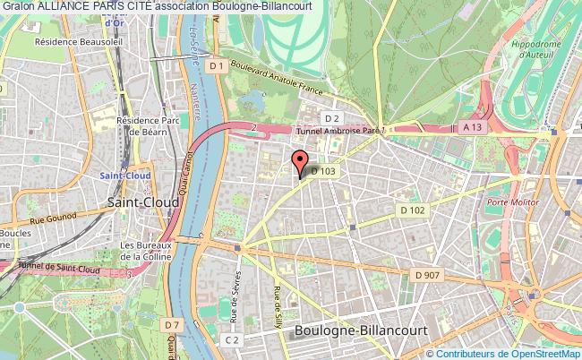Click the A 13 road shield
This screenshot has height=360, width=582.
coord(473,128)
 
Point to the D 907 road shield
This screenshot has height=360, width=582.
coord(429,275)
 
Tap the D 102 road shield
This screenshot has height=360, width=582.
coord(413,210)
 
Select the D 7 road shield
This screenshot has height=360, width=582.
coord(171,322)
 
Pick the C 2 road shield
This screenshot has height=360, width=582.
coord(232,339)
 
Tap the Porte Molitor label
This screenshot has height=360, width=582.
coord(508,203)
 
